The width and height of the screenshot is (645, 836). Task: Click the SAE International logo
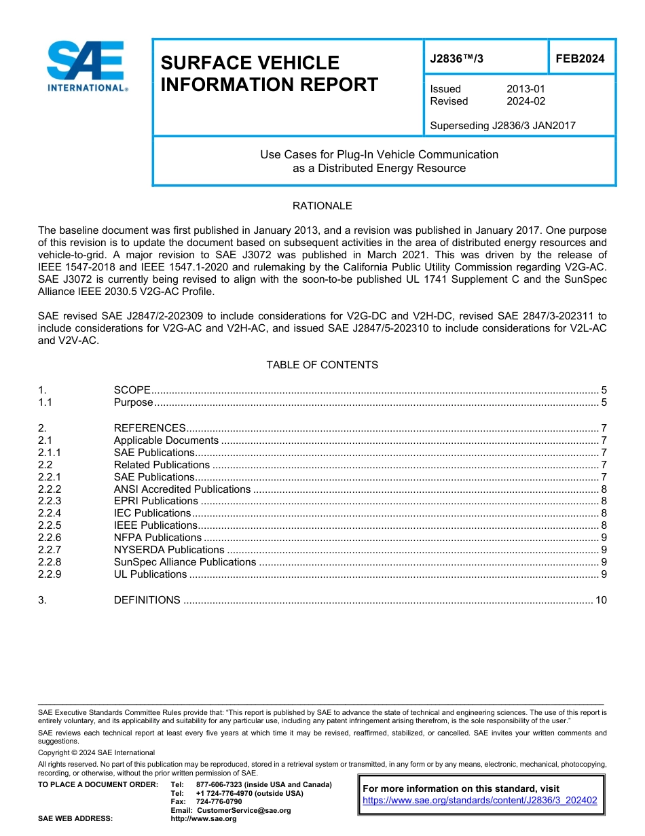[x=86, y=66]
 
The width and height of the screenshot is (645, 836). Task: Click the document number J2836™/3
[x=457, y=58]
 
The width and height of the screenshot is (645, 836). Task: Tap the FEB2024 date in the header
[x=580, y=58]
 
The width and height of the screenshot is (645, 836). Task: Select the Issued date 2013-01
[x=526, y=89]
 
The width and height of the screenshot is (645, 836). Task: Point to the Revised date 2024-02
[x=526, y=101]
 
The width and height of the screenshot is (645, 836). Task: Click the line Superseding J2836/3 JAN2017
[x=502, y=126]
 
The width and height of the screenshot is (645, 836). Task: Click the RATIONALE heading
[x=322, y=206]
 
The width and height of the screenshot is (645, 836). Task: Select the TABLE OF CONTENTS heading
[x=322, y=365]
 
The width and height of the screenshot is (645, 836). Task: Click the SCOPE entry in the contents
[x=132, y=390]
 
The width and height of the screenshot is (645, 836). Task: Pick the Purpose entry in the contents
[x=134, y=402]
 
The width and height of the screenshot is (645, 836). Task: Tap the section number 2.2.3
[x=50, y=501]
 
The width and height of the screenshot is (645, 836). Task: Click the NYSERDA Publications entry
[x=169, y=550]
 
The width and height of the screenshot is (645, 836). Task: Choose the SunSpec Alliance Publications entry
[x=185, y=562]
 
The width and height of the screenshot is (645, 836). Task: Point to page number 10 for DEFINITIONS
[x=600, y=600]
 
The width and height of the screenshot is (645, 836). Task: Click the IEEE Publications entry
[x=155, y=525]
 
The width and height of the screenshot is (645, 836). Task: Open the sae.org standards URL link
[x=480, y=801]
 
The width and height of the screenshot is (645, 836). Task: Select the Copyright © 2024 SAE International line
[x=96, y=753]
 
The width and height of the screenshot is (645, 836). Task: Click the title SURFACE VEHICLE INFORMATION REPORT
[x=269, y=73]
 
